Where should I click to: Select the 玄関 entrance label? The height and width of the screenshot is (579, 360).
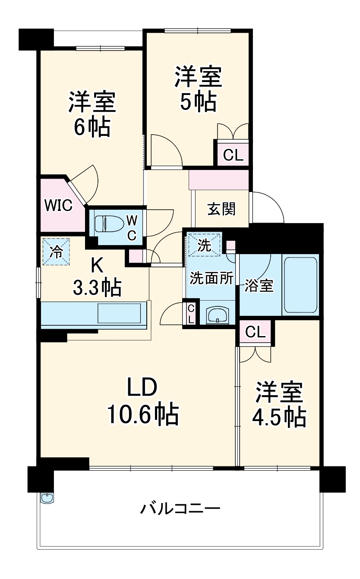221,209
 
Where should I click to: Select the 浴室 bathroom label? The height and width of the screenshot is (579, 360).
259,286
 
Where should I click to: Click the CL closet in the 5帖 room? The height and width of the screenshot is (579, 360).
233,155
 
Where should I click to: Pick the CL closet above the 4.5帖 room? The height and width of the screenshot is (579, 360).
255,332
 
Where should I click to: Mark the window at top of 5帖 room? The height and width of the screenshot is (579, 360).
198,31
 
